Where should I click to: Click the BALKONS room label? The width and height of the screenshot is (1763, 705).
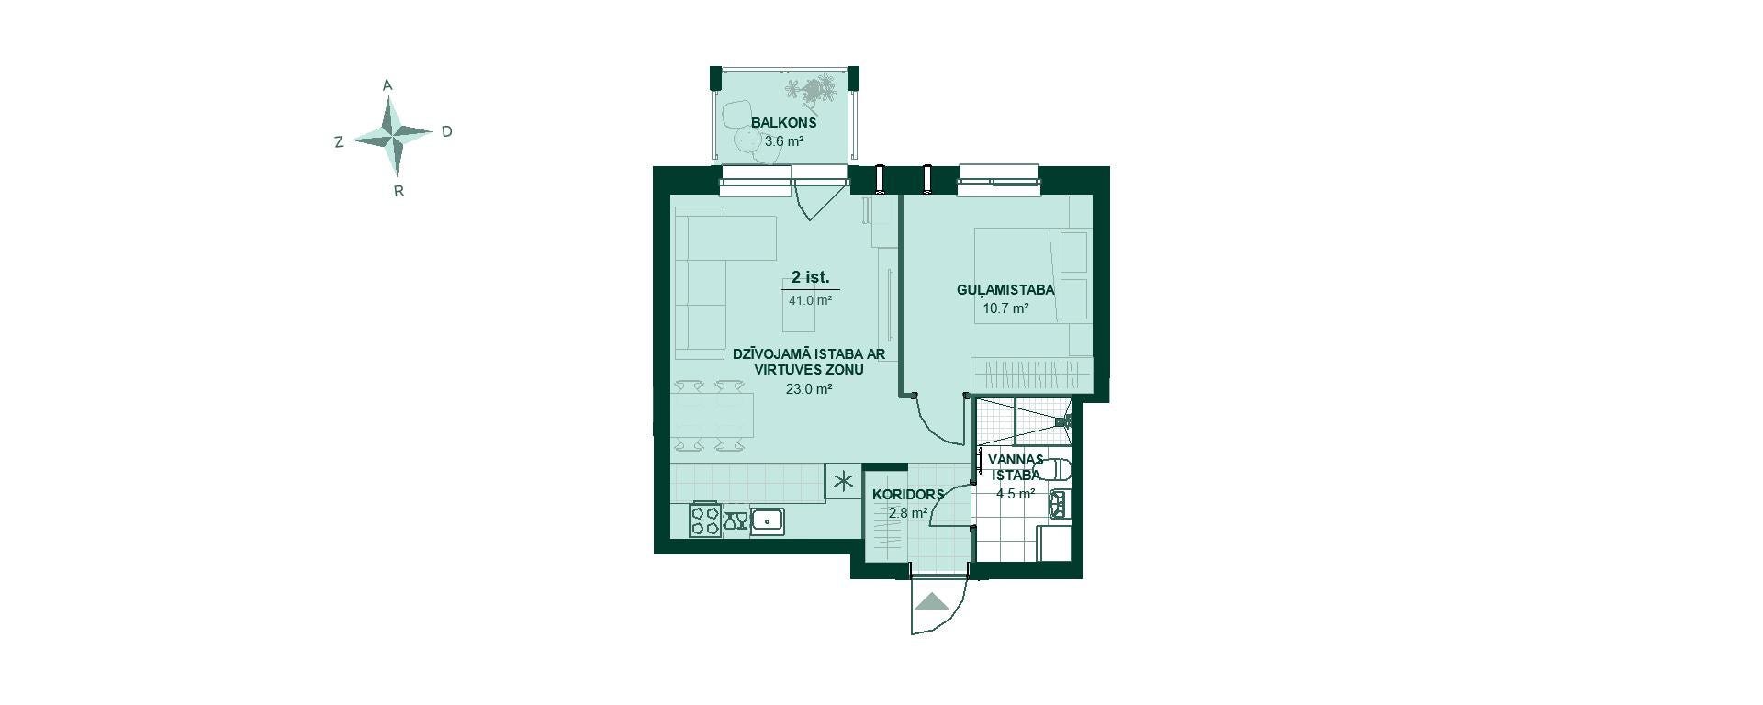coord(783,122)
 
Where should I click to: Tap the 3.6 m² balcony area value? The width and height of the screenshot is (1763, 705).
coord(784,141)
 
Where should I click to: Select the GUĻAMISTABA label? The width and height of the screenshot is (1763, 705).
coord(1005,289)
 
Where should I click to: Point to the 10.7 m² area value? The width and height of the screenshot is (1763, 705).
coord(1005,308)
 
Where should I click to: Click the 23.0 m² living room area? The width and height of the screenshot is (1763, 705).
coord(809,389)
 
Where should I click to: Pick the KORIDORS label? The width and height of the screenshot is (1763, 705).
coord(908,494)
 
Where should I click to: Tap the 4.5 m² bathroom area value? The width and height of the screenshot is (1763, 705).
coord(1016,493)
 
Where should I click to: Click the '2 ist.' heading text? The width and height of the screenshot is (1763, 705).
coord(811,277)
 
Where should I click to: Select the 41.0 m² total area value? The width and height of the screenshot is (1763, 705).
coord(810,300)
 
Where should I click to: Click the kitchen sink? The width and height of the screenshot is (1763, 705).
coord(768,521)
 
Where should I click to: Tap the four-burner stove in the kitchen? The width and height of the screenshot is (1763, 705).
coord(705,520)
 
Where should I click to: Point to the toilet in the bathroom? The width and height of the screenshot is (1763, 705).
coord(1058,469)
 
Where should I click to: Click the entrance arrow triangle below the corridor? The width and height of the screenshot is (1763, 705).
coord(933,602)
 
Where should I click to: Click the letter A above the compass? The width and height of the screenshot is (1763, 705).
coord(387,85)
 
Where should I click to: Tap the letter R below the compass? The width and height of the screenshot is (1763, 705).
coord(399,192)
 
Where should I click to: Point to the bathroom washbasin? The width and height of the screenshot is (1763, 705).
coord(1059,503)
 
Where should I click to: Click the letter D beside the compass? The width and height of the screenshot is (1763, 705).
coord(447,131)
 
